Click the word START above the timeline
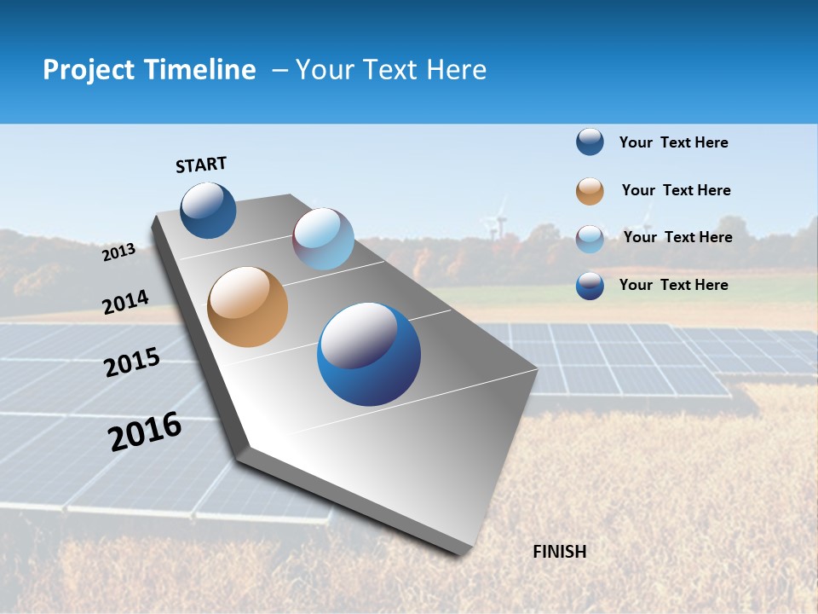click(201, 165)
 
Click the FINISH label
click(559, 552)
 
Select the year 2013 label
click(118, 252)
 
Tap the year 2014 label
click(125, 302)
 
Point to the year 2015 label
click(131, 362)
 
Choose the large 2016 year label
click(145, 432)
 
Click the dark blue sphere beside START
click(208, 210)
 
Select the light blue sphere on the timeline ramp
click(323, 239)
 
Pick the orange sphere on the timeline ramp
click(247, 307)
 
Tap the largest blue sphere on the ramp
click(369, 354)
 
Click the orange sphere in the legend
click(590, 191)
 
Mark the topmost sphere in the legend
click(590, 142)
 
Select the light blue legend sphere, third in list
click(590, 239)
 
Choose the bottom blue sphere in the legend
click(590, 286)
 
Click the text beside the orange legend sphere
click(676, 190)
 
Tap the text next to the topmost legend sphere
click(673, 142)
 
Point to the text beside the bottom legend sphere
click(673, 285)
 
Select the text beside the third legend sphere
click(677, 237)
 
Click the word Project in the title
click(89, 70)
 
